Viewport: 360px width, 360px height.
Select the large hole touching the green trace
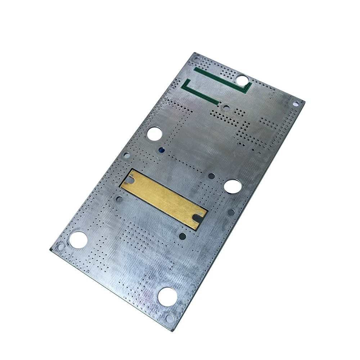(242, 80)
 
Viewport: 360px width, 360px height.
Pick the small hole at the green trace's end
(226, 107)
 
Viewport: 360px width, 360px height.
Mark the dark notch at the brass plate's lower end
(197, 218)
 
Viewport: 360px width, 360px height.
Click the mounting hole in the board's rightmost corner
(296, 103)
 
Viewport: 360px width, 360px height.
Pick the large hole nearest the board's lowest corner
(167, 296)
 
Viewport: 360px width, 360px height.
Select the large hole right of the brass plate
(233, 187)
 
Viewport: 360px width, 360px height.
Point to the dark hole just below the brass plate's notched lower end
(183, 236)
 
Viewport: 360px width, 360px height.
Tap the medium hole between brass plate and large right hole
(212, 176)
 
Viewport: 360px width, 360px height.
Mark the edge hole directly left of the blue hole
(127, 155)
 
